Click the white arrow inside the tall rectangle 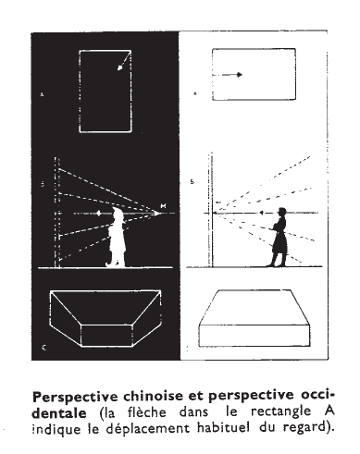(x=124, y=62)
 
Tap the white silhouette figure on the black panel (x=117, y=237)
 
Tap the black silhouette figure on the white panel (x=279, y=238)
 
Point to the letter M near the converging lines (x=164, y=205)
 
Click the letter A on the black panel (x=42, y=94)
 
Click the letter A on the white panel (x=194, y=93)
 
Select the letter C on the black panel (x=43, y=348)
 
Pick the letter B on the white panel (x=192, y=182)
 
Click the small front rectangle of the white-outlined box (x=106, y=336)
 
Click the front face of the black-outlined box (x=254, y=336)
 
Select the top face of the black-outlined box (x=254, y=307)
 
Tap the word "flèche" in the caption (x=147, y=412)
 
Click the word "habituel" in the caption (x=223, y=428)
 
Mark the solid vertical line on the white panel (x=211, y=210)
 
